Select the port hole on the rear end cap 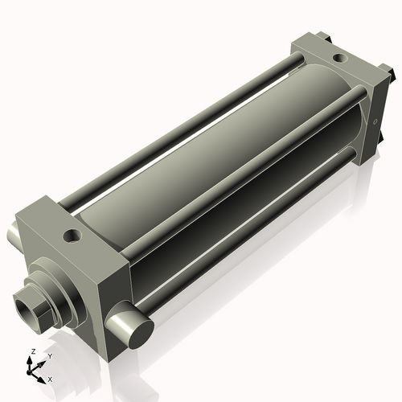[338, 58]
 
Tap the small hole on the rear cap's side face [375, 122]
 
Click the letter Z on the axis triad [31, 352]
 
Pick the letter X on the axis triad [50, 378]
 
